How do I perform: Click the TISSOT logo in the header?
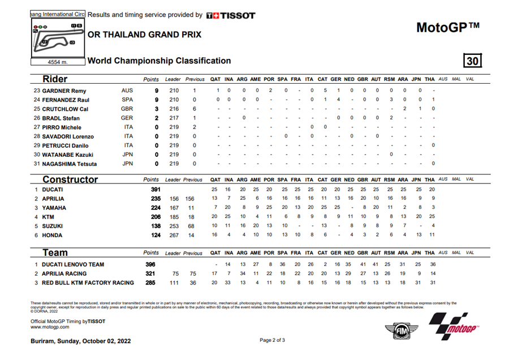tap(231, 15)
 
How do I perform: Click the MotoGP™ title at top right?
tap(447, 27)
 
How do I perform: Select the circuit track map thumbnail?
tap(57, 38)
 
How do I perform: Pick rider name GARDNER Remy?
tap(63, 91)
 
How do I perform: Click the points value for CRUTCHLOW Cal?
tap(157, 109)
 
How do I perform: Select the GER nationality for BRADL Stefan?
tap(127, 118)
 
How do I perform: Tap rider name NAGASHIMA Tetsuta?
tap(68, 164)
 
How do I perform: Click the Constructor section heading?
tap(71, 179)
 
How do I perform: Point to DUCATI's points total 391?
tap(156, 190)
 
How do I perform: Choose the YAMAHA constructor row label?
tap(54, 208)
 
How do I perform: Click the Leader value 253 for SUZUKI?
tap(174, 226)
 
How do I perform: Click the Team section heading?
tap(55, 253)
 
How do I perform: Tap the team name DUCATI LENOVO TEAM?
tap(73, 264)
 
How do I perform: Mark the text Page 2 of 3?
tap(272, 340)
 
